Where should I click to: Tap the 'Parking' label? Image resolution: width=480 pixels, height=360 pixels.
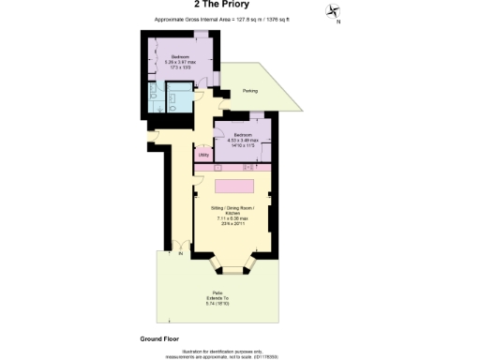coord(250,91)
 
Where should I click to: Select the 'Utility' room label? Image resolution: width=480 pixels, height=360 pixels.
coord(203,155)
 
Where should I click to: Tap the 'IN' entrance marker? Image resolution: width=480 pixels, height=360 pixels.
coord(180,253)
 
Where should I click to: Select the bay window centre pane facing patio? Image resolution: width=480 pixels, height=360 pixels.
coord(233,269)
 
